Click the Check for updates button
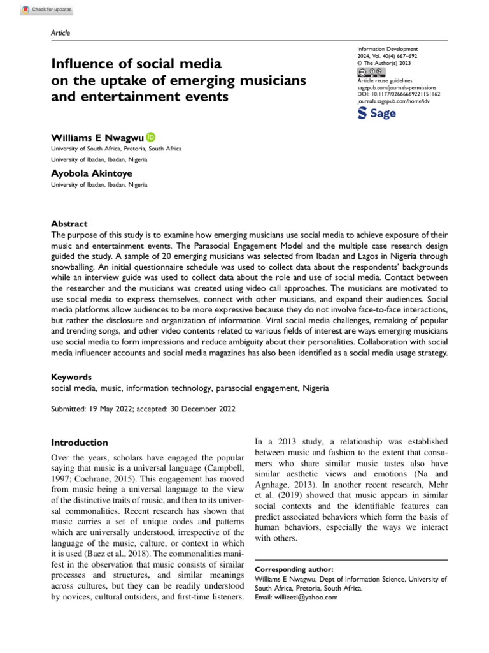(47, 10)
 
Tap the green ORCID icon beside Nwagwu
(150, 136)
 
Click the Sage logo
(377, 114)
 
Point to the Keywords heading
(71, 377)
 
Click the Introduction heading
(80, 443)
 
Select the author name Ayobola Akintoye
(92, 173)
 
